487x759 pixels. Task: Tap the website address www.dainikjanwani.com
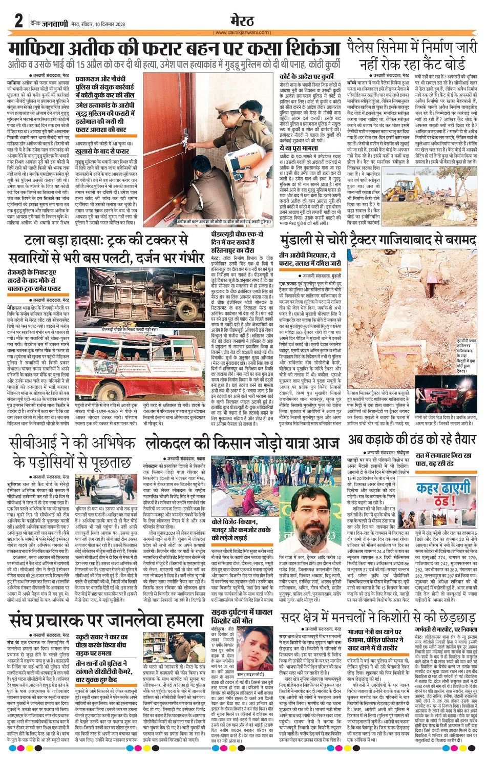(x=243, y=32)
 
